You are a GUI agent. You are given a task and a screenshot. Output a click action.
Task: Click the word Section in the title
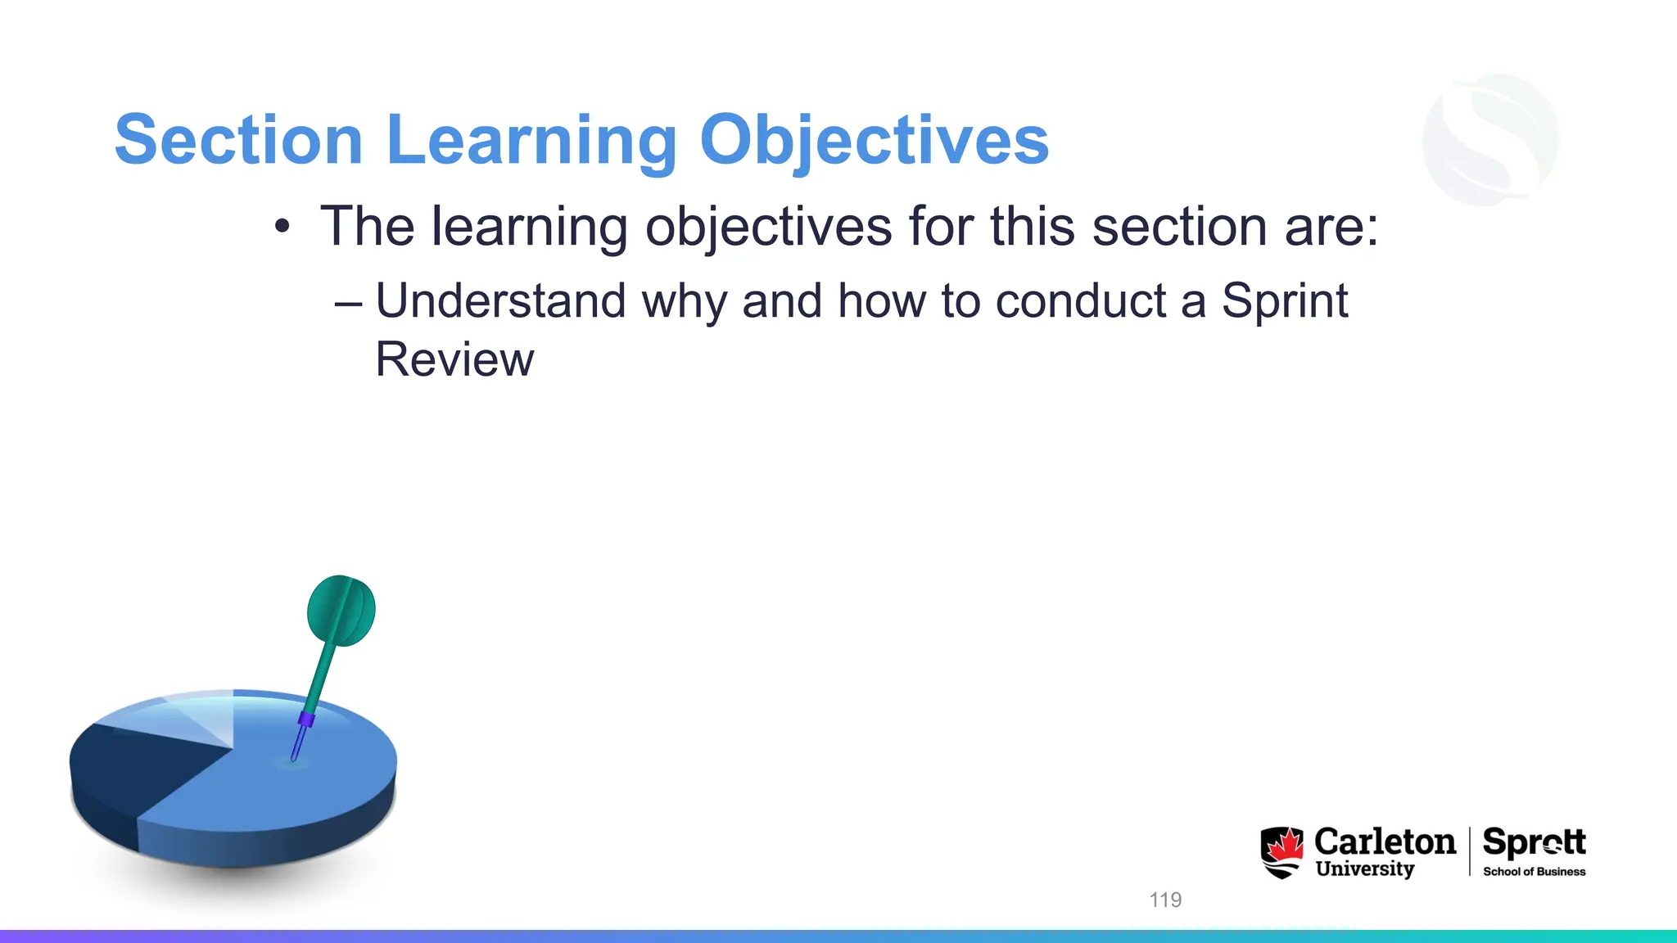point(238,140)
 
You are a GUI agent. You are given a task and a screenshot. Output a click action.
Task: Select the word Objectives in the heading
point(874,140)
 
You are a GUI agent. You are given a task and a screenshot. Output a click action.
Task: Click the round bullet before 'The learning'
point(283,227)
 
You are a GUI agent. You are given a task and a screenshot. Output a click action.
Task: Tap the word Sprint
point(1284,300)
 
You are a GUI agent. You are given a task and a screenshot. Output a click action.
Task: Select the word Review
point(454,359)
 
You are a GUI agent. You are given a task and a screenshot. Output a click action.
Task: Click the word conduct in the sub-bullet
point(1080,300)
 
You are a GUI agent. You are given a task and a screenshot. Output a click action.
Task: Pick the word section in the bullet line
point(1179,227)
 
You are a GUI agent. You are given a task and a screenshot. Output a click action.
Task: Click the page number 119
point(1165,900)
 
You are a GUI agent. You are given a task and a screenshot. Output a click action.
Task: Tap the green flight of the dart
point(341,611)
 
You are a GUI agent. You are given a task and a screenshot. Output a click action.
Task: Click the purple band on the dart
point(306,720)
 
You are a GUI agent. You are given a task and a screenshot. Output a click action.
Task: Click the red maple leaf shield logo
point(1281,851)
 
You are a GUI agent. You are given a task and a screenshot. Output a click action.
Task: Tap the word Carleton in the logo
point(1385,841)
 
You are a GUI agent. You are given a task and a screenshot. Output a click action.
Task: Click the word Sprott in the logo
point(1534,841)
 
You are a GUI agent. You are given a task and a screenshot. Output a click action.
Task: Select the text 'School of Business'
point(1534,872)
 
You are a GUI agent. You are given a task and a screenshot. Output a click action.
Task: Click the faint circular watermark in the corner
point(1490,139)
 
